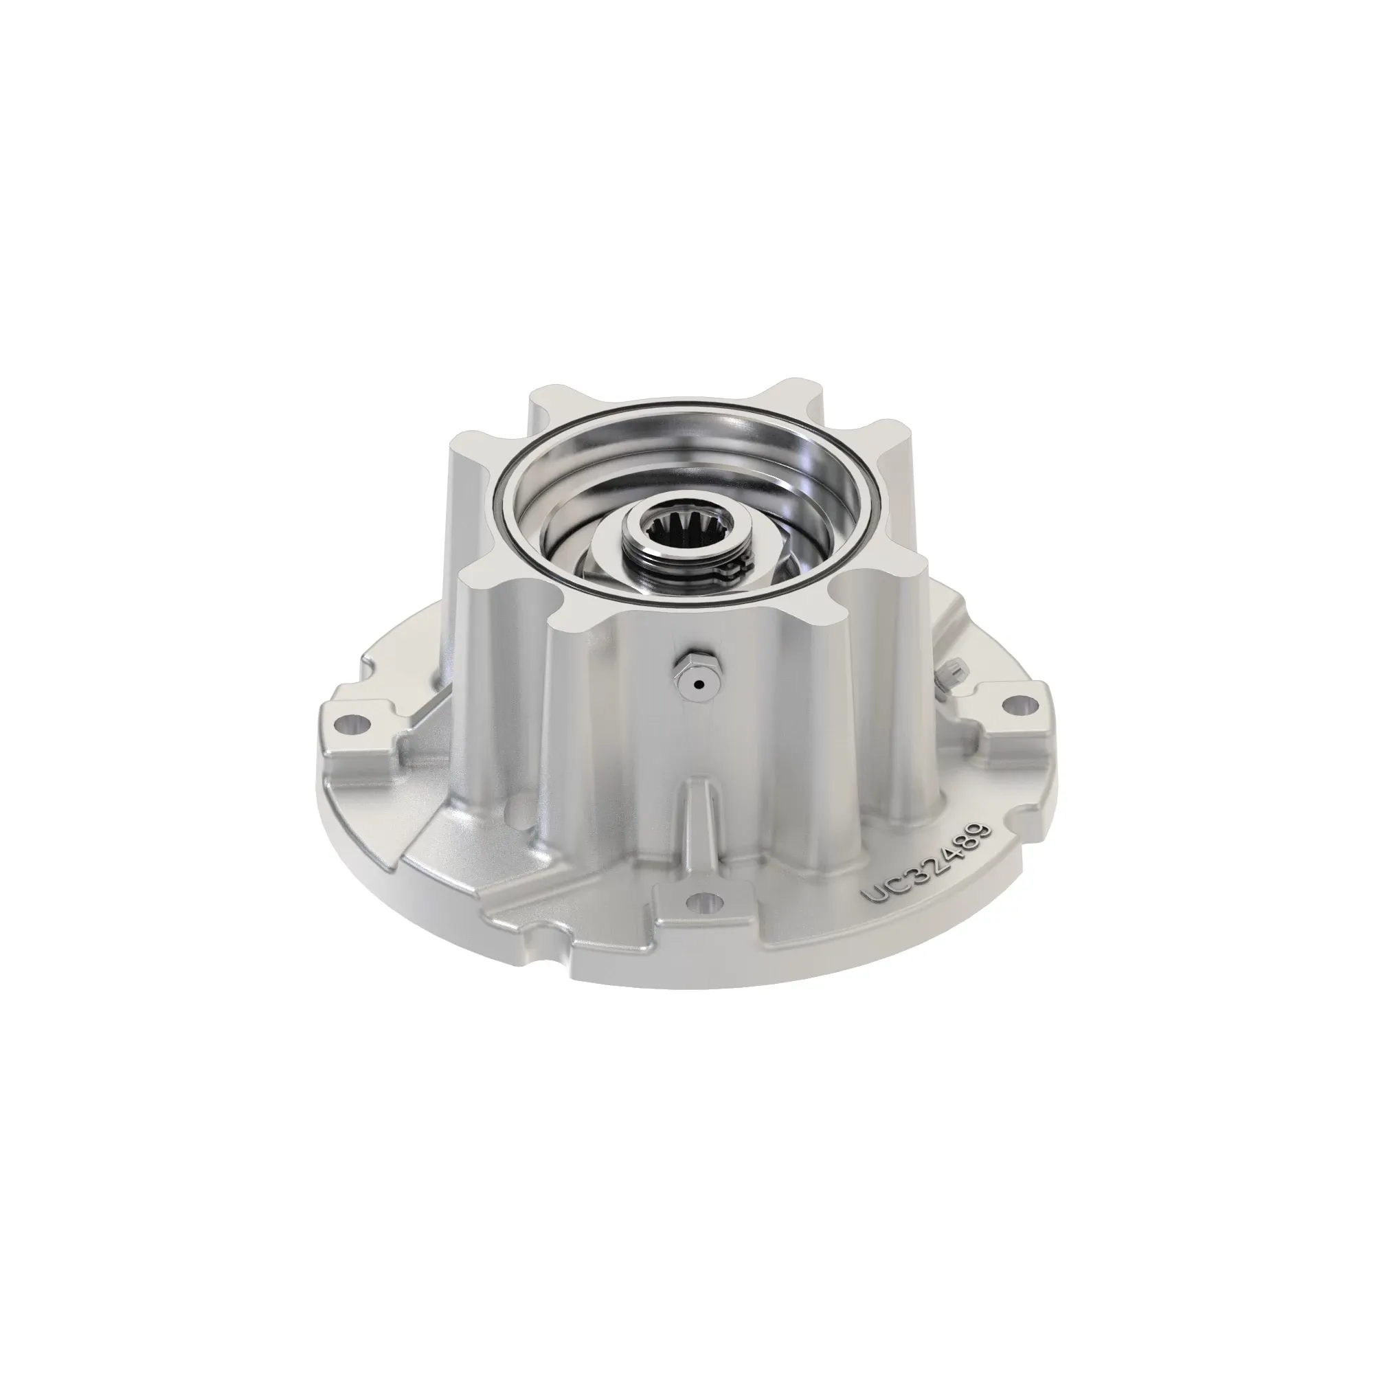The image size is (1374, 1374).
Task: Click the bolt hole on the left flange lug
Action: (x=357, y=725)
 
